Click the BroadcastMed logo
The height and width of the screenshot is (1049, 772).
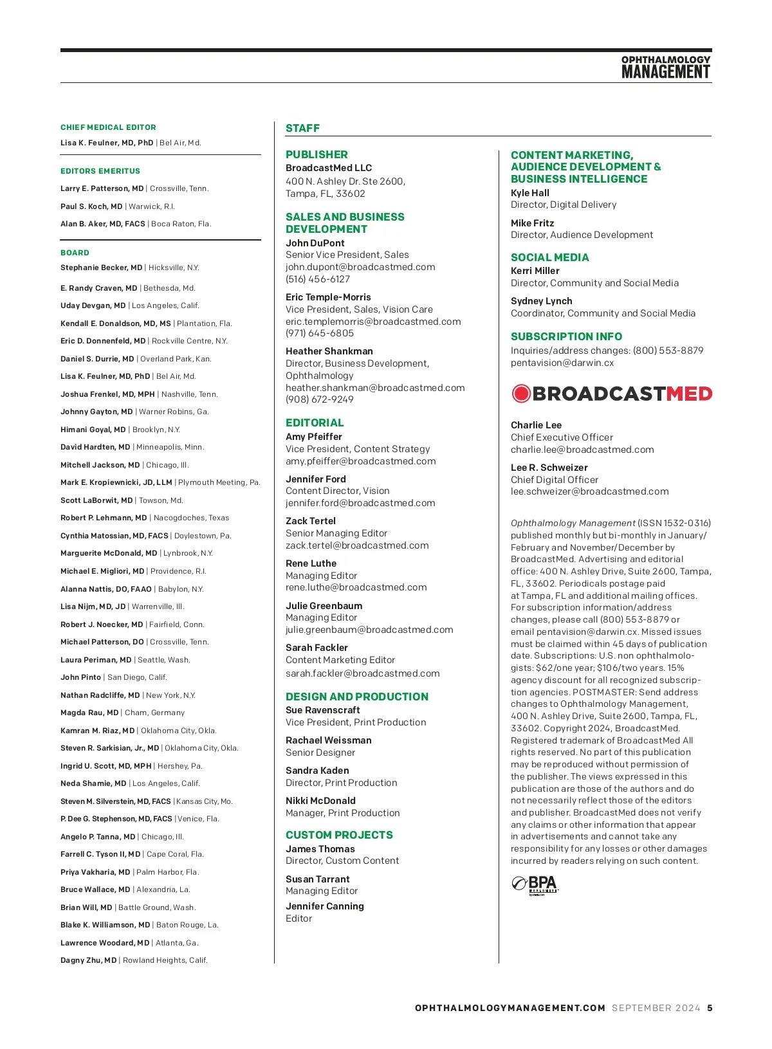pyautogui.click(x=611, y=394)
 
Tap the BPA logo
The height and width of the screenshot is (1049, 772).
pyautogui.click(x=535, y=885)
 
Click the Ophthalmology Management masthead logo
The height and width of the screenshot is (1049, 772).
pyautogui.click(x=665, y=68)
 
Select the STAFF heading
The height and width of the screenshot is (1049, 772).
pyautogui.click(x=302, y=128)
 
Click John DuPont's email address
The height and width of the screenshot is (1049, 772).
pyautogui.click(x=360, y=267)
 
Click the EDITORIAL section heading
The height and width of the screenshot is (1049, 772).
pyautogui.click(x=315, y=423)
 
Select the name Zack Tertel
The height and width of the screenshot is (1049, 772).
pyautogui.click(x=311, y=521)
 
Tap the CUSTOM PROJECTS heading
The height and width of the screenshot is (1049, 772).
pyautogui.click(x=339, y=835)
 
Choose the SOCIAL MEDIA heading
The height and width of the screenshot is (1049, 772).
pyautogui.click(x=549, y=257)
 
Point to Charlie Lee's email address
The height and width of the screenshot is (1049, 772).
pyautogui.click(x=582, y=450)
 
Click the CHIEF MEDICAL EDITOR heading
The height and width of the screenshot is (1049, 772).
pyautogui.click(x=108, y=127)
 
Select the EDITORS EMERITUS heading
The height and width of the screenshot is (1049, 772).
pyautogui.click(x=100, y=171)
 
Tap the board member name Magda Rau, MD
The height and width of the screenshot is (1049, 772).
pyautogui.click(x=89, y=713)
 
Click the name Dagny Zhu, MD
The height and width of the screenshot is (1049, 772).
pyautogui.click(x=89, y=960)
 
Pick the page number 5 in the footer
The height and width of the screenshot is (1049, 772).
pyautogui.click(x=710, y=1008)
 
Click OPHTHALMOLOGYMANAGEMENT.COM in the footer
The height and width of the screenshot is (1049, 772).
pyautogui.click(x=510, y=1008)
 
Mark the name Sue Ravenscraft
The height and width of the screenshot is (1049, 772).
pyautogui.click(x=323, y=710)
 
